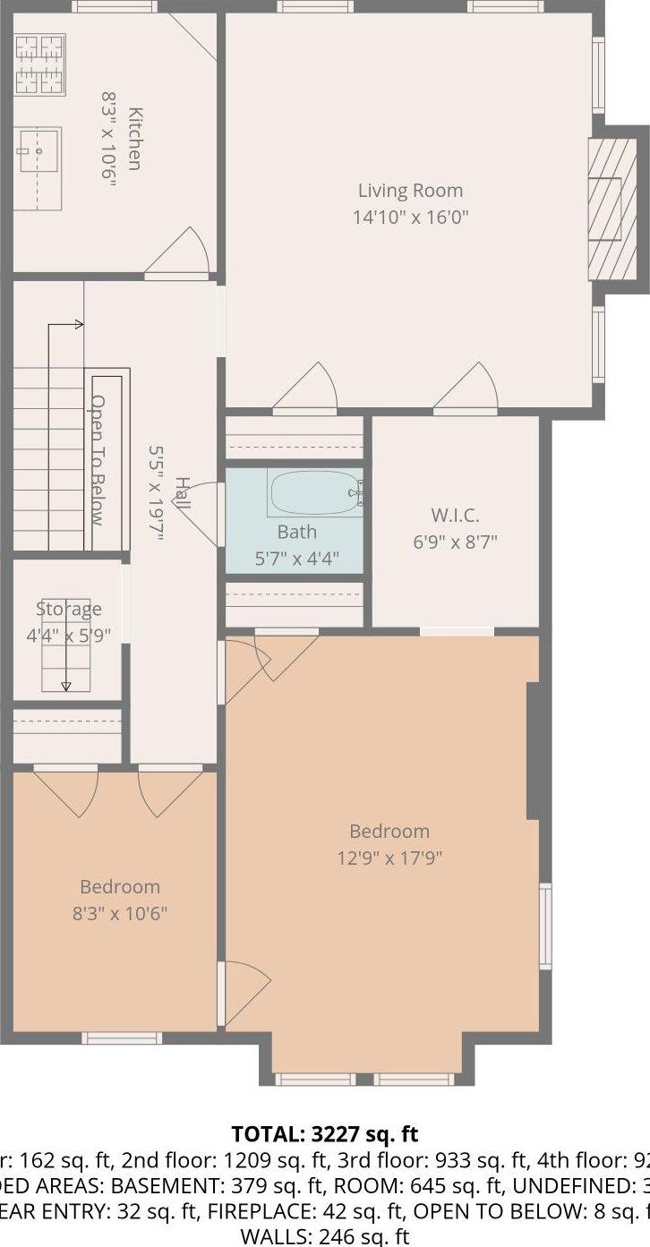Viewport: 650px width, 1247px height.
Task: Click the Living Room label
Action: pos(410,191)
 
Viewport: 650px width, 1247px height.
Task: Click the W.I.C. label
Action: pos(455,516)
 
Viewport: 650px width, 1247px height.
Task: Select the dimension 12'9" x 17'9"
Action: pos(389,858)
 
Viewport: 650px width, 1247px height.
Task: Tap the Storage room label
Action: pos(69,610)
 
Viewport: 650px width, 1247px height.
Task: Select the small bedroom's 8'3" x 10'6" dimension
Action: pos(120,914)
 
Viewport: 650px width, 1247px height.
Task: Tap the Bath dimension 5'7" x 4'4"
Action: pos(296,556)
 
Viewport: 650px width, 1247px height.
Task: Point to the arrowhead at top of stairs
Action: pos(80,324)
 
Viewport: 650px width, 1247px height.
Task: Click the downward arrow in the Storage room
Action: pos(66,686)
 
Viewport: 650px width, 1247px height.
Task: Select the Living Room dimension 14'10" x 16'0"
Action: pos(410,217)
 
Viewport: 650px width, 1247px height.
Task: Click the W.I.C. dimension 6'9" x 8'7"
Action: pos(455,542)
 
